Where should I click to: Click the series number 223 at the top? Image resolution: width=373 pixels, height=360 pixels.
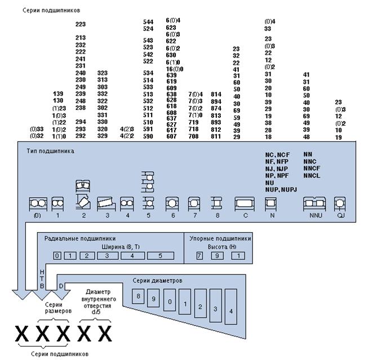pyautogui.click(x=80, y=24)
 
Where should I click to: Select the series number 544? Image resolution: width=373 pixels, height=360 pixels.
pyautogui.click(x=148, y=21)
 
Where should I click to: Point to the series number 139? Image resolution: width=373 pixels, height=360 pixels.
pyautogui.click(x=58, y=93)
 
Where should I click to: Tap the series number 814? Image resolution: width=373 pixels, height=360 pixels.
pyautogui.click(x=216, y=94)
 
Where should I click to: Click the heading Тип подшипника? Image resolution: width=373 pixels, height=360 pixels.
pyautogui.click(x=50, y=151)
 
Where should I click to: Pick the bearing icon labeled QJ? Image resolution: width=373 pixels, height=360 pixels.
pyautogui.click(x=339, y=203)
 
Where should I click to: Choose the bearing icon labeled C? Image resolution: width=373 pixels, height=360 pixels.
pyautogui.click(x=245, y=203)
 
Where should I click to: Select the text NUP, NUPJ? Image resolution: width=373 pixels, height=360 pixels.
pyautogui.click(x=281, y=189)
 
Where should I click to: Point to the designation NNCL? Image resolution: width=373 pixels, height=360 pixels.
pyautogui.click(x=312, y=175)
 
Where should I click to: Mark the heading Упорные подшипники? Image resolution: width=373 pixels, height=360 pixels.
pyautogui.click(x=219, y=238)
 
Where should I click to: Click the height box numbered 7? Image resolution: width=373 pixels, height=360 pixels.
pyautogui.click(x=199, y=256)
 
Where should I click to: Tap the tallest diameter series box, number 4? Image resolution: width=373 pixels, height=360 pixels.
pyautogui.click(x=231, y=310)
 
